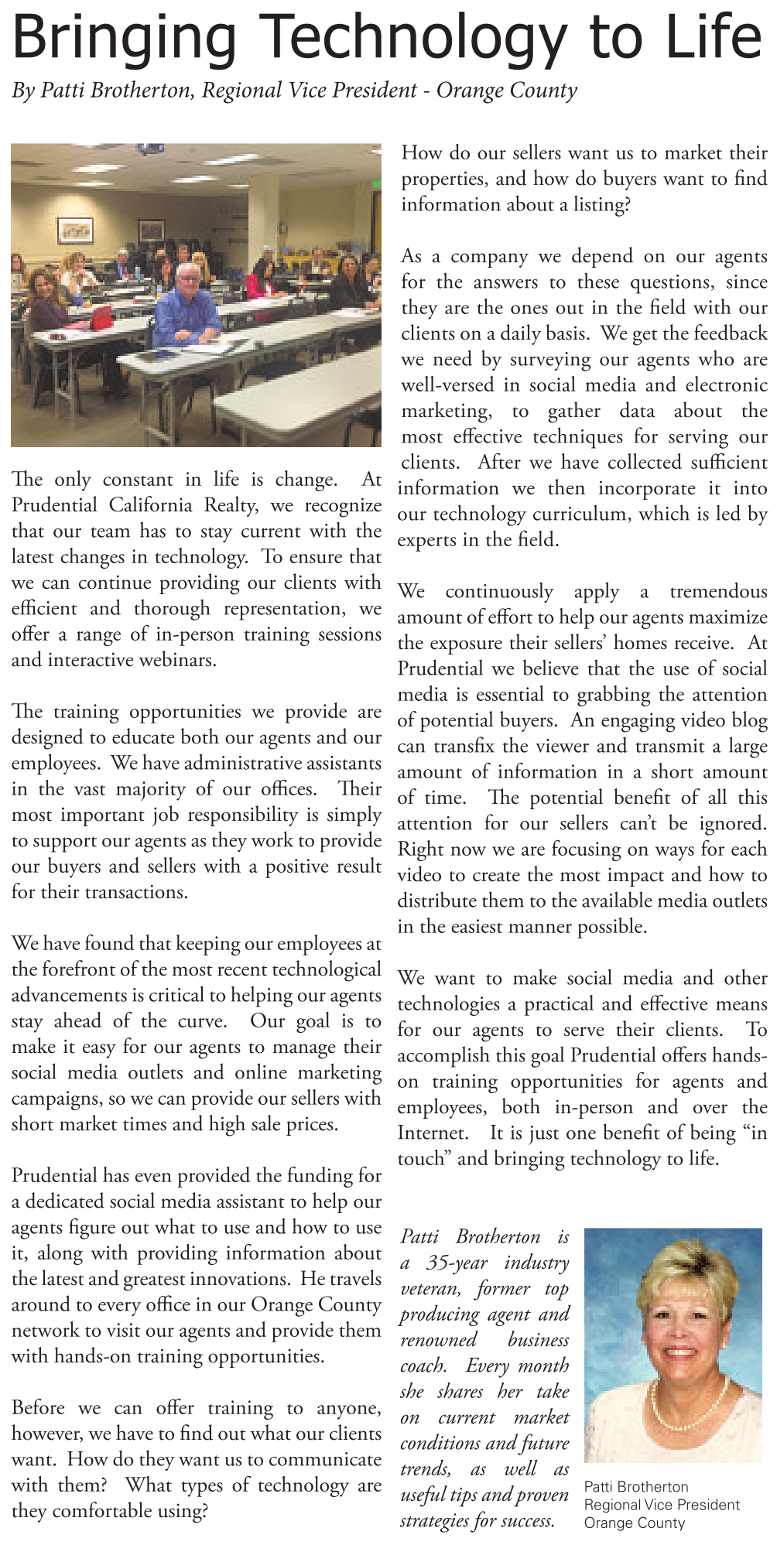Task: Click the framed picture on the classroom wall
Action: [75, 230]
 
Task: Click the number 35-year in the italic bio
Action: [457, 1263]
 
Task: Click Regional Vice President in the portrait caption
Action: [662, 1505]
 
